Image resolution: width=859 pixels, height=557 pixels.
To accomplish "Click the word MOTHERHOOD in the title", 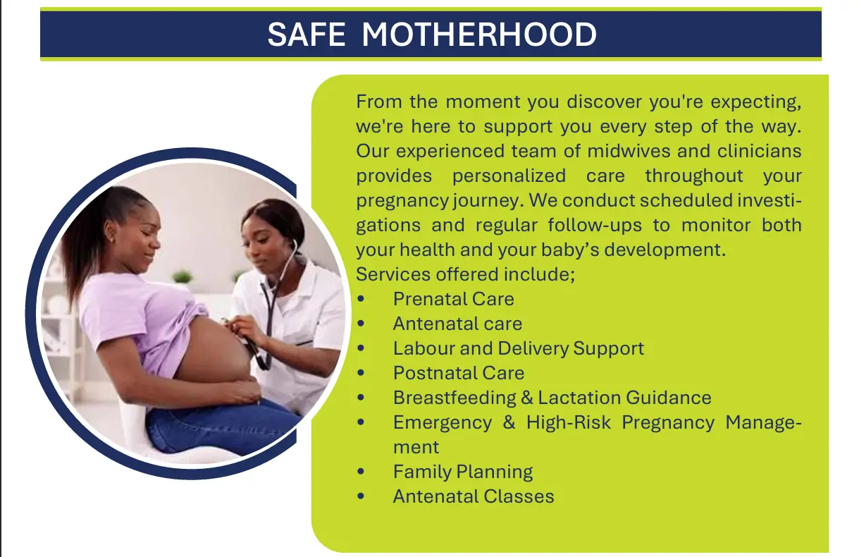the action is click(x=479, y=35).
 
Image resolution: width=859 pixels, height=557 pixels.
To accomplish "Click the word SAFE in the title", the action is click(x=307, y=35).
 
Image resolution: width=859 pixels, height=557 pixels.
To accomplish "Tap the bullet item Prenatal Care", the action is click(x=453, y=299).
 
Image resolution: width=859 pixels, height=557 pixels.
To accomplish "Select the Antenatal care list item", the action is click(x=457, y=324).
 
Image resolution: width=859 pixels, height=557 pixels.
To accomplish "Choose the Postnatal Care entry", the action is click(x=459, y=373).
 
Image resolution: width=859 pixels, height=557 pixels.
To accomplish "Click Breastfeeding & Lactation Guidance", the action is click(x=552, y=398).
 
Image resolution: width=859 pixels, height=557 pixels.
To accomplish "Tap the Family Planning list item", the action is click(x=463, y=472).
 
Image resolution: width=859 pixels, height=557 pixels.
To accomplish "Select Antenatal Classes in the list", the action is click(x=474, y=496).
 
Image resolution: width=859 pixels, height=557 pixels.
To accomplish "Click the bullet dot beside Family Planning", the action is click(x=361, y=472).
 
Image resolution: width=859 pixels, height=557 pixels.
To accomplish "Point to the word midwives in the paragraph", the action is click(x=629, y=151).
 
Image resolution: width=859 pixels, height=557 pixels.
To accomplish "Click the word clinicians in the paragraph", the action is click(x=760, y=151).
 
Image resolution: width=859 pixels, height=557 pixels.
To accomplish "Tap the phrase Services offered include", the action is click(x=465, y=274).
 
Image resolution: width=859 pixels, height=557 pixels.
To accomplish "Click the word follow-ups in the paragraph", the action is click(x=595, y=225).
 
